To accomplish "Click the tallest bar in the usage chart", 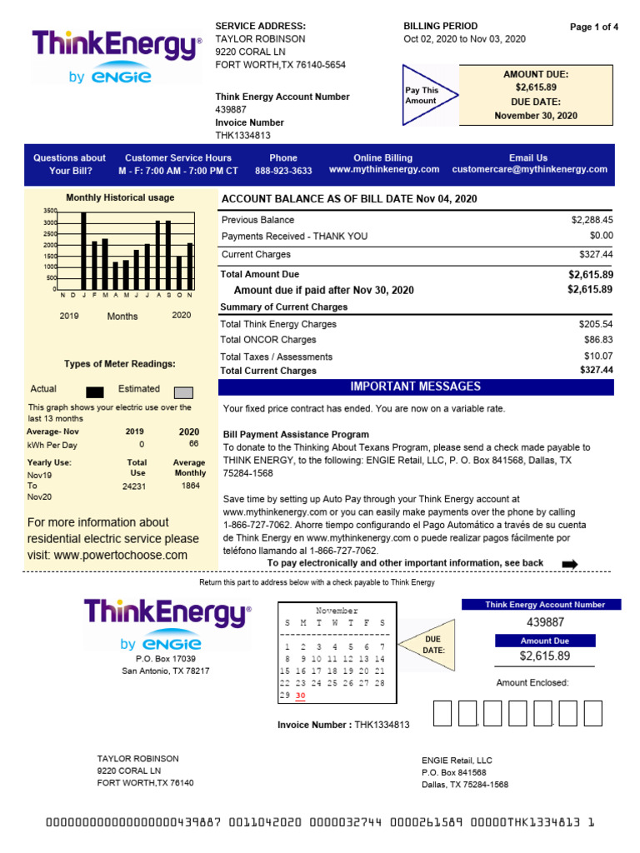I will click(x=83, y=250).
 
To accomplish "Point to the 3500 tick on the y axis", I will click(x=50, y=212).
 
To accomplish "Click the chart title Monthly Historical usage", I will click(x=120, y=197).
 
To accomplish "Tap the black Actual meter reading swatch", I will click(x=95, y=392).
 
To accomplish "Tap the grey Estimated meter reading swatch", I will click(x=183, y=392).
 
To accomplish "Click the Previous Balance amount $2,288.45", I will click(x=592, y=220).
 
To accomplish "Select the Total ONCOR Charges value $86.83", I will click(x=596, y=340).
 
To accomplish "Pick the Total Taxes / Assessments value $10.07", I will click(x=596, y=357).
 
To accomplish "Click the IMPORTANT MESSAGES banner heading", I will click(x=415, y=387).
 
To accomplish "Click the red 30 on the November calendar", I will click(x=301, y=696).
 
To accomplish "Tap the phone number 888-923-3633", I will click(x=283, y=170).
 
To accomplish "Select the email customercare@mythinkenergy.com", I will click(x=529, y=169).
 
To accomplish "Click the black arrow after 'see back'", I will click(x=570, y=564).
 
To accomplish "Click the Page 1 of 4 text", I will click(x=593, y=27).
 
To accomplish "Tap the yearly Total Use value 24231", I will click(x=134, y=486).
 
